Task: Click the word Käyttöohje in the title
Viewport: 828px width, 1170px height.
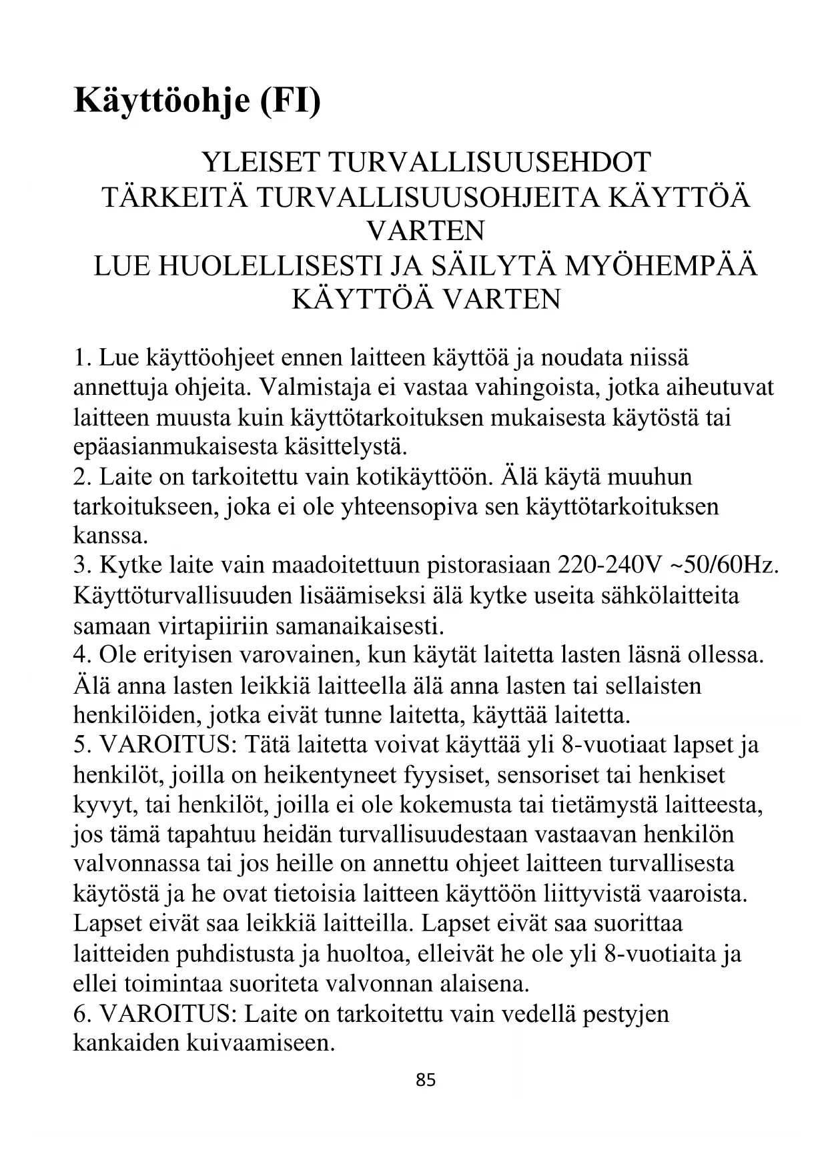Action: [x=160, y=100]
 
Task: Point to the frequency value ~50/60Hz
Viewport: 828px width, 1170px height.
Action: [x=725, y=565]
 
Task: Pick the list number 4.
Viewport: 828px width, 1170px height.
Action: [x=81, y=654]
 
